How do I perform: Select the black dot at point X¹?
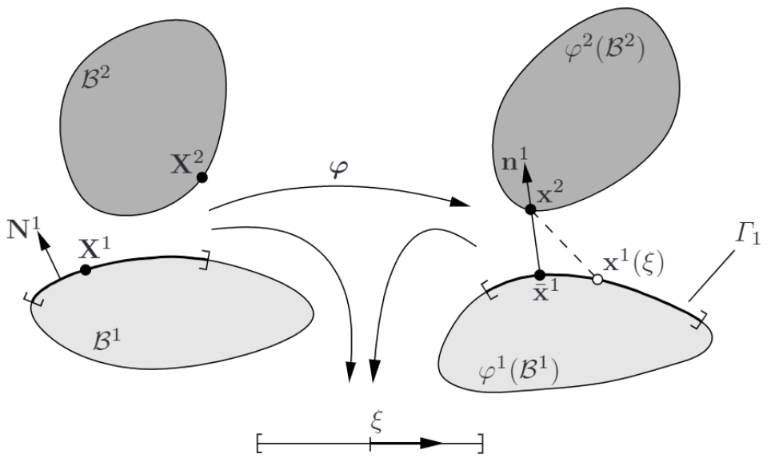tap(86, 270)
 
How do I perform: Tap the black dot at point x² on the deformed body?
tap(530, 209)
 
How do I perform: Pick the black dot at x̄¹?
tap(539, 275)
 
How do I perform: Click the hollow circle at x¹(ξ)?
tap(596, 280)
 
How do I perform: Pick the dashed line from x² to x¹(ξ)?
tap(564, 245)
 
